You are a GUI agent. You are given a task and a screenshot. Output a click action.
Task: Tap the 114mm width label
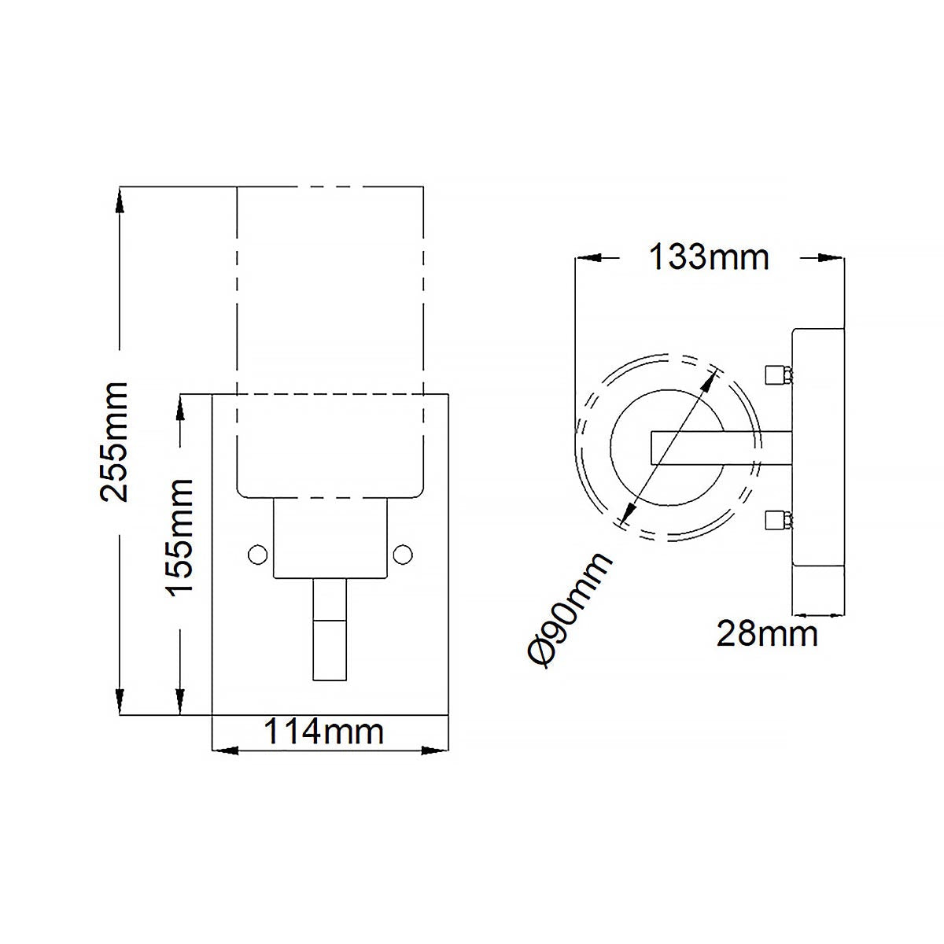point(323,732)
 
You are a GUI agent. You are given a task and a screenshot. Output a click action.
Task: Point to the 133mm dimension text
point(708,257)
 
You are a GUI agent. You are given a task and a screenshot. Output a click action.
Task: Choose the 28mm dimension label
point(766,633)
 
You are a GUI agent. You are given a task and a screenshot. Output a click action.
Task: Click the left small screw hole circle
point(256,554)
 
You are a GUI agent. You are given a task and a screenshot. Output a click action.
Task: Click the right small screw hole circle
point(404,554)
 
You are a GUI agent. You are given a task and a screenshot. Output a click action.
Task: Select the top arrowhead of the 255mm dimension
point(120,200)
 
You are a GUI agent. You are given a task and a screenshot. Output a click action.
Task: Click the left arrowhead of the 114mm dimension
point(227,750)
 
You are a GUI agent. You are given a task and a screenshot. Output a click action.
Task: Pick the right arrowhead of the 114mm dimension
point(434,750)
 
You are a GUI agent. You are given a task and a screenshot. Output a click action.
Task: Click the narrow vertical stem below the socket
point(330,629)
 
